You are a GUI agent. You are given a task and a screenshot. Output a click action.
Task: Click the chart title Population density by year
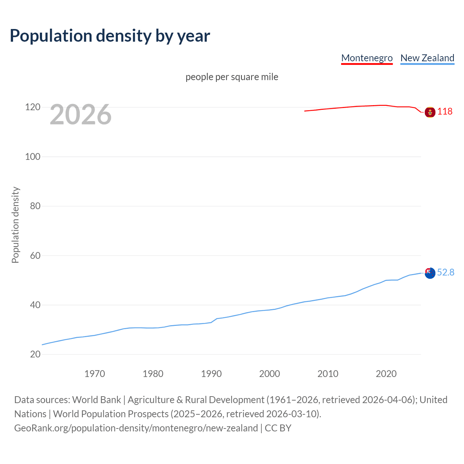click(x=110, y=36)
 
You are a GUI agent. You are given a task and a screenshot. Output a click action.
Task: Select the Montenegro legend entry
click(x=367, y=58)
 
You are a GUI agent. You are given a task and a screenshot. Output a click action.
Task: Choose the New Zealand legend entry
click(x=427, y=58)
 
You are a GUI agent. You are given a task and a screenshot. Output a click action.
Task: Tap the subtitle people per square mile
click(x=232, y=77)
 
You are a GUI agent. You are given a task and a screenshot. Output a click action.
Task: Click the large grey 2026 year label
click(x=80, y=115)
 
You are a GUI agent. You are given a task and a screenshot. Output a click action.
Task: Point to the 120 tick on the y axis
click(x=33, y=107)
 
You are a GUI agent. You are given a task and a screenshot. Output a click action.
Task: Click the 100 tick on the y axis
click(x=33, y=157)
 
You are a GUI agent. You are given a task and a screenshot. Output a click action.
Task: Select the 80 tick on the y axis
click(x=35, y=206)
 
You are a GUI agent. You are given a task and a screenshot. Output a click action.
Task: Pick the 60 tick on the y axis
click(x=35, y=256)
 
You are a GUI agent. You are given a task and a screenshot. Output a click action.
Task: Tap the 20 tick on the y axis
click(x=35, y=354)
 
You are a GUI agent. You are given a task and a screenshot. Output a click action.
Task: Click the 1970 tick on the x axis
click(x=95, y=374)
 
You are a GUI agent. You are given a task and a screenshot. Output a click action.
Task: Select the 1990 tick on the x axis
click(x=211, y=374)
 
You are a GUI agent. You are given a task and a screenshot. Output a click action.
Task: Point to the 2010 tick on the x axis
click(x=328, y=374)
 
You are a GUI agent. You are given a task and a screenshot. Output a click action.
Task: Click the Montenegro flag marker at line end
click(x=430, y=112)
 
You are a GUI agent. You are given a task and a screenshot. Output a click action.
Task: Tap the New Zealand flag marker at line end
click(x=430, y=273)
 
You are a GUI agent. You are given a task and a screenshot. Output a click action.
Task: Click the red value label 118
click(x=445, y=111)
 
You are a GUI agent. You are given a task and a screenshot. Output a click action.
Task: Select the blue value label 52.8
click(x=446, y=272)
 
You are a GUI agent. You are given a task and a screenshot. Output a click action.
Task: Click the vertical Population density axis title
click(x=15, y=225)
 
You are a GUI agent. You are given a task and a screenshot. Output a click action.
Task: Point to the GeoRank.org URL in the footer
click(x=136, y=428)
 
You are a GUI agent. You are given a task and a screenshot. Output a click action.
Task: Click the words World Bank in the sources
click(x=96, y=400)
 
